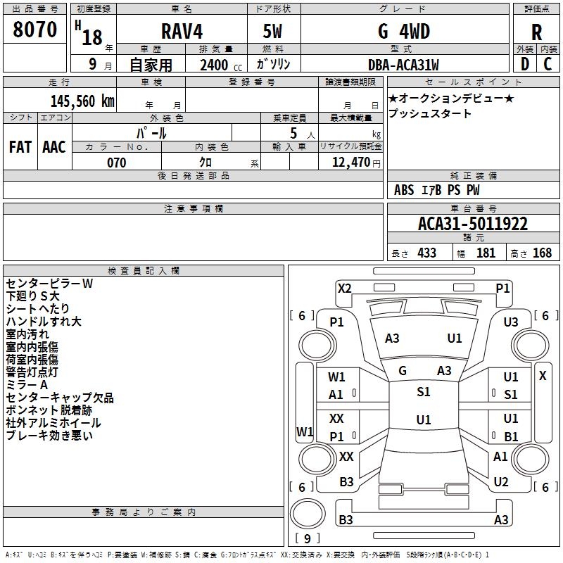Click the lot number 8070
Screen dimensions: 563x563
click(35, 30)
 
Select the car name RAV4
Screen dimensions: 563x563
click(180, 32)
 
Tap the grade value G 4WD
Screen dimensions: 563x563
click(404, 32)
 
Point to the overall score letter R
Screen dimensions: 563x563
click(537, 33)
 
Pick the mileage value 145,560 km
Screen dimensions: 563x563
click(82, 101)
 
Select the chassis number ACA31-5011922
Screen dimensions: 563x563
click(473, 224)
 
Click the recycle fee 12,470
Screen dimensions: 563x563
click(350, 163)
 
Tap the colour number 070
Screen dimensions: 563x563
click(116, 163)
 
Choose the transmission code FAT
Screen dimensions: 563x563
click(20, 147)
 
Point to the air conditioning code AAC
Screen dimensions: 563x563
click(54, 147)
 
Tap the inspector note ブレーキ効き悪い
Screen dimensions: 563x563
click(49, 436)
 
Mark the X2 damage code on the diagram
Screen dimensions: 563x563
click(344, 288)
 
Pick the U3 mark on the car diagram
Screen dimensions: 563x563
click(511, 322)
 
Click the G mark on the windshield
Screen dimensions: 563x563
click(403, 370)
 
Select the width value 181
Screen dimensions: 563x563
click(486, 253)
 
